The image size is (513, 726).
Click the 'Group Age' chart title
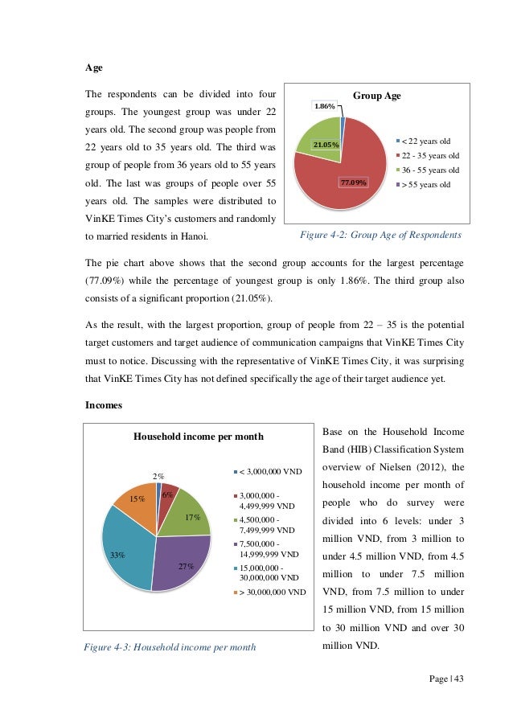click(x=377, y=96)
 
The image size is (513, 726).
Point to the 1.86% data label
click(x=326, y=106)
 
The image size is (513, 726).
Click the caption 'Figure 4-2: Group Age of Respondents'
click(x=380, y=235)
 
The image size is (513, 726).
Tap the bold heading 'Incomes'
click(x=104, y=405)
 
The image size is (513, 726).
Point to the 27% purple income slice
click(x=184, y=559)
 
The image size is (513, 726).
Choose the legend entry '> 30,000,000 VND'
click(x=270, y=592)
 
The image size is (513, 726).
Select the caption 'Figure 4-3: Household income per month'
click(x=175, y=646)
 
